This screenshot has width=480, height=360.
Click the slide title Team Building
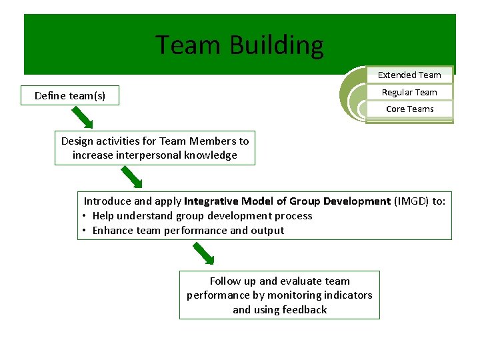[x=239, y=45]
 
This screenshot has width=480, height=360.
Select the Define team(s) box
[x=70, y=96]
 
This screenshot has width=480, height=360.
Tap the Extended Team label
[x=409, y=75]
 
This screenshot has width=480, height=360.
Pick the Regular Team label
[x=409, y=93]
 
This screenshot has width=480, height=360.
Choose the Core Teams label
[x=409, y=109]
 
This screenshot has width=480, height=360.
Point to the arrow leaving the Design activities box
[x=131, y=177]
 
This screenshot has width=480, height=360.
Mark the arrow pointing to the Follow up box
[x=203, y=253]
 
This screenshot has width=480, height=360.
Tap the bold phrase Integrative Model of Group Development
[x=287, y=201]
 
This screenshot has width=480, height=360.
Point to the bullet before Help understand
[x=85, y=216]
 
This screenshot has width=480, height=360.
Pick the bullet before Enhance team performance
[x=85, y=231]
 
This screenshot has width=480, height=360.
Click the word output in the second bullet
[x=267, y=231]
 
